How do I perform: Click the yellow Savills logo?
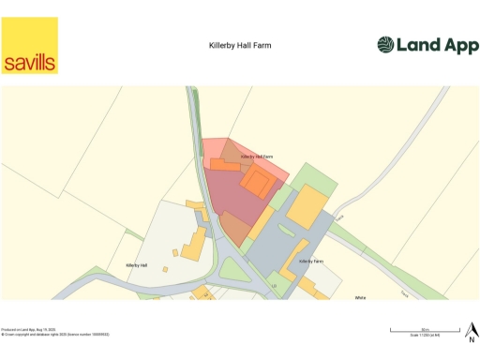[x=30, y=45]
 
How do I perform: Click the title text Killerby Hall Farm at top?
[x=240, y=45]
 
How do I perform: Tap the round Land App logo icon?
[x=386, y=45]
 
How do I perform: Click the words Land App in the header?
[x=433, y=45]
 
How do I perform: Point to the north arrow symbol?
[x=471, y=331]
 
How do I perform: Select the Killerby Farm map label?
[x=311, y=261]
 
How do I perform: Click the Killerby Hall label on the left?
[x=138, y=266]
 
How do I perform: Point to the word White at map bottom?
[x=360, y=297]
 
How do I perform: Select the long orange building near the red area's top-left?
[x=224, y=165]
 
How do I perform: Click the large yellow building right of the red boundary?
[x=306, y=206]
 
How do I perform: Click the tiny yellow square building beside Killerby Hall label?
[x=175, y=251]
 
